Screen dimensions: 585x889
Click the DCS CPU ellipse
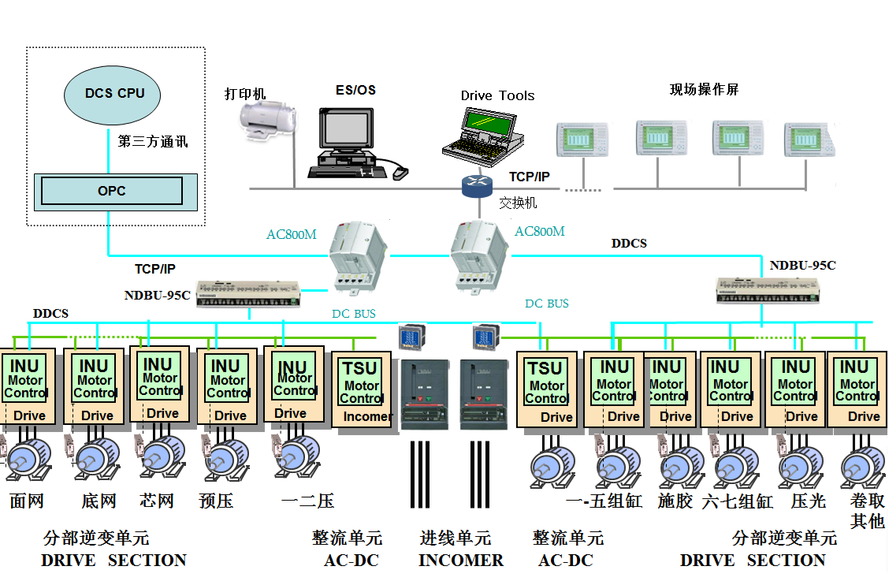114,94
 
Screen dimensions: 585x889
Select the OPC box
111,191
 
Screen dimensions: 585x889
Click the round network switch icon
477,185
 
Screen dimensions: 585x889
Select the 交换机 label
518,203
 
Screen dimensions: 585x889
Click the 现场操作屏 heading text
704,90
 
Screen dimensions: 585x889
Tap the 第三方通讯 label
153,143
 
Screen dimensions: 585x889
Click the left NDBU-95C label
157,296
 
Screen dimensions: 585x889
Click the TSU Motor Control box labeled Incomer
362,391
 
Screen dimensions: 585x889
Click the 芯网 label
156,501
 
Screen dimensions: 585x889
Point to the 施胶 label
675,501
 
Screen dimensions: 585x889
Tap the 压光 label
808,501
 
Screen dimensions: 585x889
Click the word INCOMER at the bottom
461,561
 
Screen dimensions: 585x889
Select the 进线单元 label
456,538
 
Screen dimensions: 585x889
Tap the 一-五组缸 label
604,501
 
